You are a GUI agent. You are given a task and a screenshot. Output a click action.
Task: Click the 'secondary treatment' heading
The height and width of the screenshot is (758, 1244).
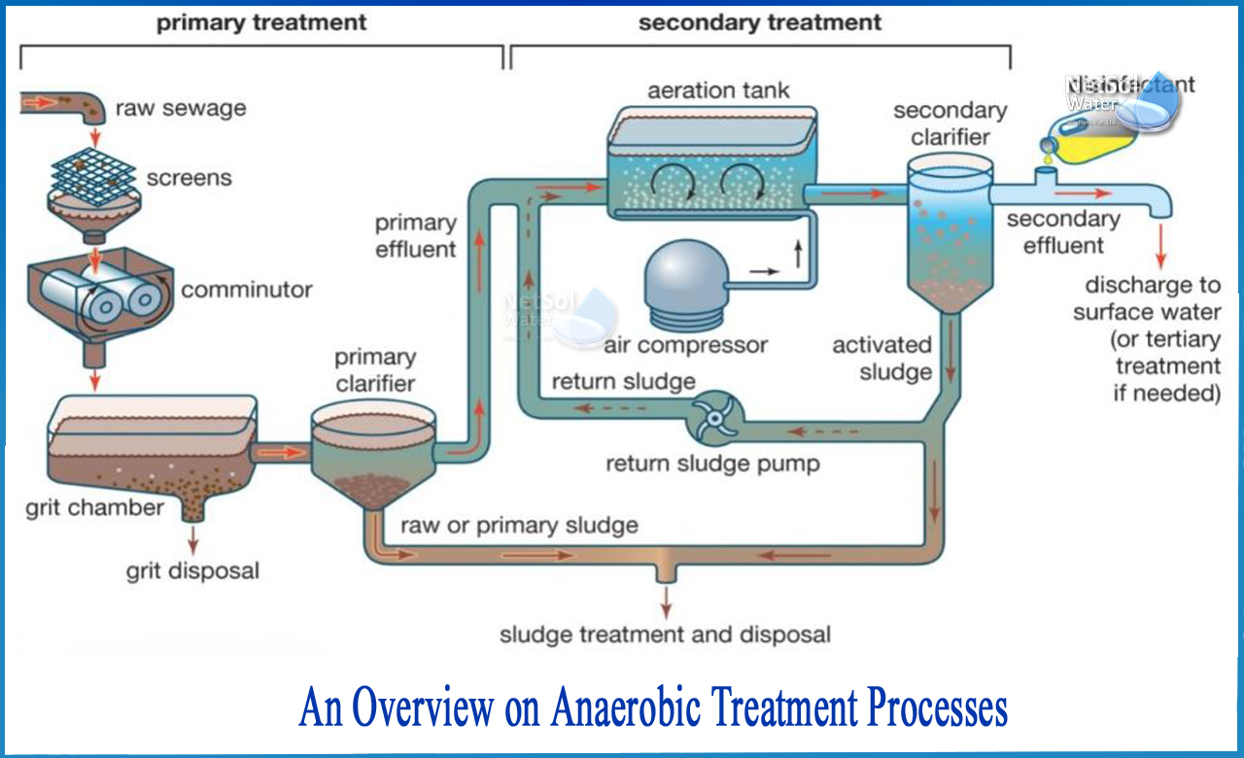click(760, 21)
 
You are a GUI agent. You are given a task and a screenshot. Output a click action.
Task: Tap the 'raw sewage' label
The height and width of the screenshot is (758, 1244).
click(181, 108)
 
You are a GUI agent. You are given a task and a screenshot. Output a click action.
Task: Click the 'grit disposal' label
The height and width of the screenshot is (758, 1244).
click(192, 570)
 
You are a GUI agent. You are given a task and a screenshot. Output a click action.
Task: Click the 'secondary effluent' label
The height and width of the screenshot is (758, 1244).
click(1063, 232)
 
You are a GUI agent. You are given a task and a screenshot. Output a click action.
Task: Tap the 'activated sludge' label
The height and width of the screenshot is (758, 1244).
click(881, 358)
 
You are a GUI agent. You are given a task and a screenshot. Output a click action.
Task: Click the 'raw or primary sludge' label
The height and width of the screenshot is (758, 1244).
click(519, 526)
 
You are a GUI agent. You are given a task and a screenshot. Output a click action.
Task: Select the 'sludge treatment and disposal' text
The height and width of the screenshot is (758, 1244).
click(665, 636)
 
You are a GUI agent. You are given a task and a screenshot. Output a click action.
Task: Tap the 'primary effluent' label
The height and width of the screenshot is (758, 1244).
click(416, 236)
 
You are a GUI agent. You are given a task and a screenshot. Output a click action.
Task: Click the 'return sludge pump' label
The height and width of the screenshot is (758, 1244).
click(712, 464)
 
